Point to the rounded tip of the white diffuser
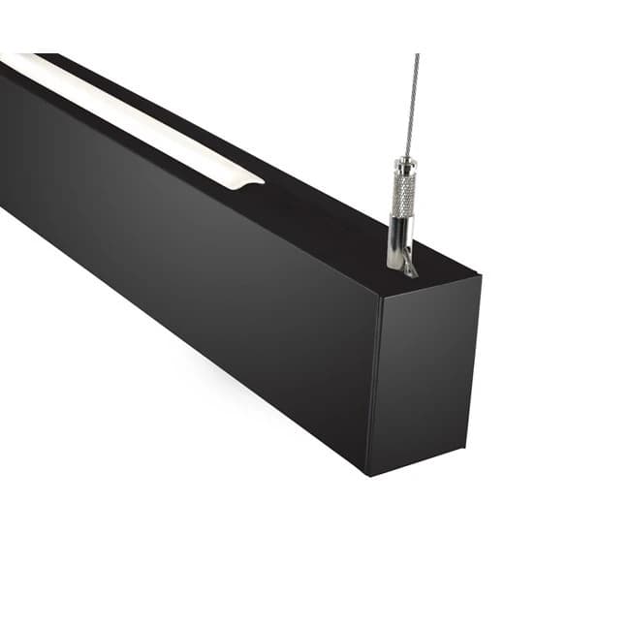[254, 178]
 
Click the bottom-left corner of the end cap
[369, 475]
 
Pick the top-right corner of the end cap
[481, 276]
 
